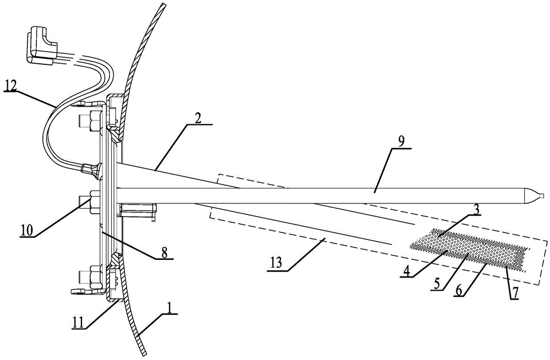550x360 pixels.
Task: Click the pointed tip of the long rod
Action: pos(541,195)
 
